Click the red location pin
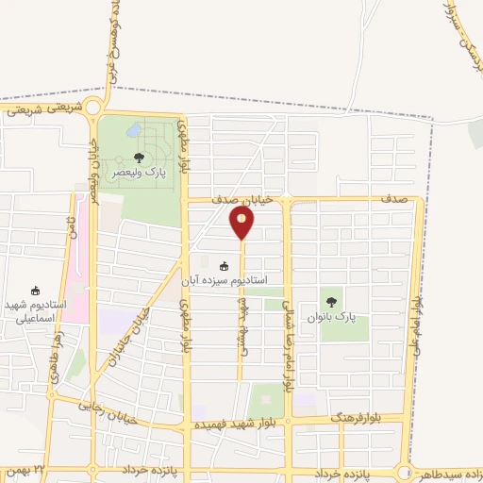[242, 223]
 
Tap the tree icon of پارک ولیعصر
[139, 158]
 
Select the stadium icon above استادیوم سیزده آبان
[224, 266]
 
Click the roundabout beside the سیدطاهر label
[406, 471]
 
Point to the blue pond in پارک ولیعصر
[136, 129]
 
